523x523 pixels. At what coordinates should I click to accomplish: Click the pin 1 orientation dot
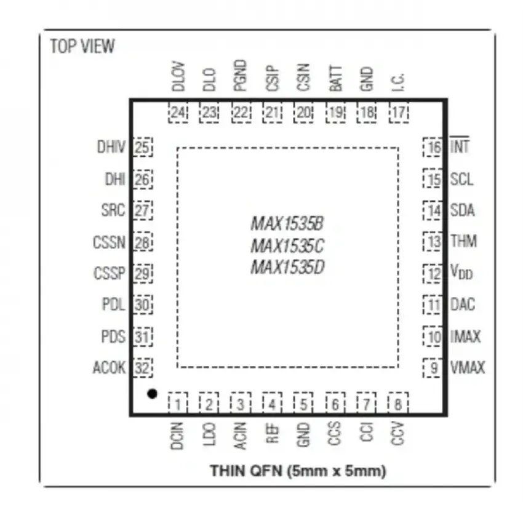pyautogui.click(x=152, y=394)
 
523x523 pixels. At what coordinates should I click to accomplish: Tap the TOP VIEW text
pyautogui.click(x=82, y=46)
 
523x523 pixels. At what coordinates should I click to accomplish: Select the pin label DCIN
pyautogui.click(x=177, y=436)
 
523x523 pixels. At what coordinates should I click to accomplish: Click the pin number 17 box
pyautogui.click(x=399, y=113)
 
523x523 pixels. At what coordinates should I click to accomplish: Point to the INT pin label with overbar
pyautogui.click(x=460, y=145)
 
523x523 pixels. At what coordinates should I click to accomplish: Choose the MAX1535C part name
pyautogui.click(x=287, y=246)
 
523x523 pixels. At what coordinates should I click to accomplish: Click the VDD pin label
pyautogui.click(x=461, y=272)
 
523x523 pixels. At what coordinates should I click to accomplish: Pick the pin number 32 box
pyautogui.click(x=143, y=368)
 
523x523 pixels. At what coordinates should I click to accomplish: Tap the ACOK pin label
pyautogui.click(x=109, y=367)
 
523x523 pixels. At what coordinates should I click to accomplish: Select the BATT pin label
pyautogui.click(x=335, y=78)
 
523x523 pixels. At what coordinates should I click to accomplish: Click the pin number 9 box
pyautogui.click(x=433, y=368)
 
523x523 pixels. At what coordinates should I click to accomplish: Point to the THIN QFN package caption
pyautogui.click(x=298, y=471)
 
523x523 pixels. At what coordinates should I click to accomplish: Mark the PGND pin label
pyautogui.click(x=240, y=76)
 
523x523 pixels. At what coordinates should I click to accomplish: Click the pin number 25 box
pyautogui.click(x=143, y=147)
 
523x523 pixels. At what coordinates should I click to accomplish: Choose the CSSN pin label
pyautogui.click(x=109, y=242)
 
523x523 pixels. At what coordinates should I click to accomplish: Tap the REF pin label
pyautogui.click(x=272, y=433)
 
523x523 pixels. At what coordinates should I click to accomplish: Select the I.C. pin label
pyautogui.click(x=397, y=82)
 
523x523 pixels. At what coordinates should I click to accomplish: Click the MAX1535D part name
pyautogui.click(x=287, y=267)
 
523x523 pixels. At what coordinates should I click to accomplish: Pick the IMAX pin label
pyautogui.click(x=465, y=336)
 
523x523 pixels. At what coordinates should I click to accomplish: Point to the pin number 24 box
pyautogui.click(x=178, y=113)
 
